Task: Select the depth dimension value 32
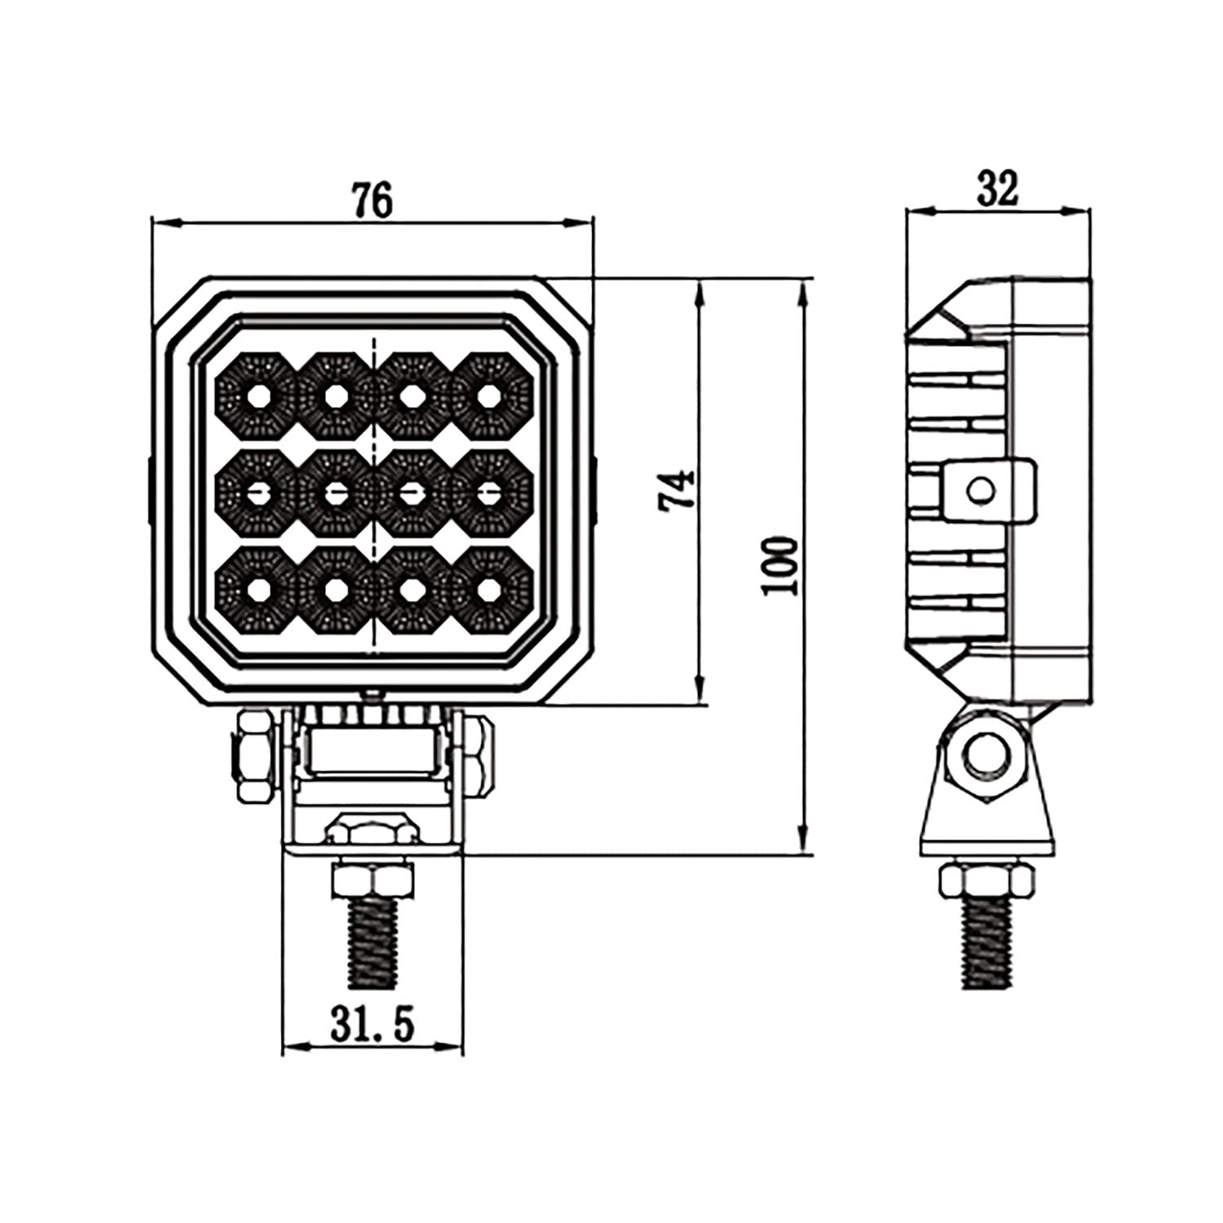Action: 998,189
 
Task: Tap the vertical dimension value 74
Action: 679,490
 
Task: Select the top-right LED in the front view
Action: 489,396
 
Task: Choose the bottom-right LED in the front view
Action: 489,590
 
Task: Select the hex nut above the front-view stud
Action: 373,881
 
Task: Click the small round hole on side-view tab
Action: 980,490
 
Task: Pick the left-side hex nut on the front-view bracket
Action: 255,754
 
